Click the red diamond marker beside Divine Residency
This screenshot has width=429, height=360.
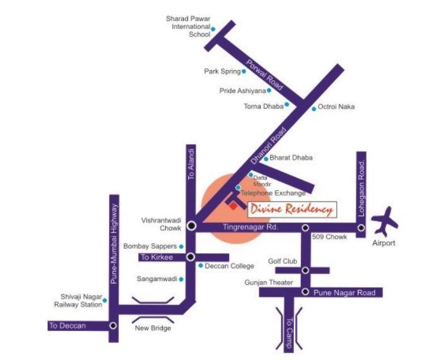point(233,205)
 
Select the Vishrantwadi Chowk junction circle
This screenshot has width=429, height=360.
point(191,225)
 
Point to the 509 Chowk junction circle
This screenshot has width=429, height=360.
point(305,228)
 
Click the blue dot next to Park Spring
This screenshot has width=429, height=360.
point(245,72)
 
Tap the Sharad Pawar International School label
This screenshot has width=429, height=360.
point(187,27)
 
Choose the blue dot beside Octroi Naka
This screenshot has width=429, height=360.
point(314,109)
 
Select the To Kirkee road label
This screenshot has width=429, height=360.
point(154,257)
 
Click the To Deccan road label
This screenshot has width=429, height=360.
point(68,326)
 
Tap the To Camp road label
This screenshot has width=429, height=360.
point(290,327)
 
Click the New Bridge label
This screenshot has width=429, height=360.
point(153,328)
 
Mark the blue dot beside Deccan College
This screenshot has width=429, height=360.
point(201,266)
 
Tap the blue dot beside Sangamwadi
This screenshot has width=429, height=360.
point(181,279)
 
